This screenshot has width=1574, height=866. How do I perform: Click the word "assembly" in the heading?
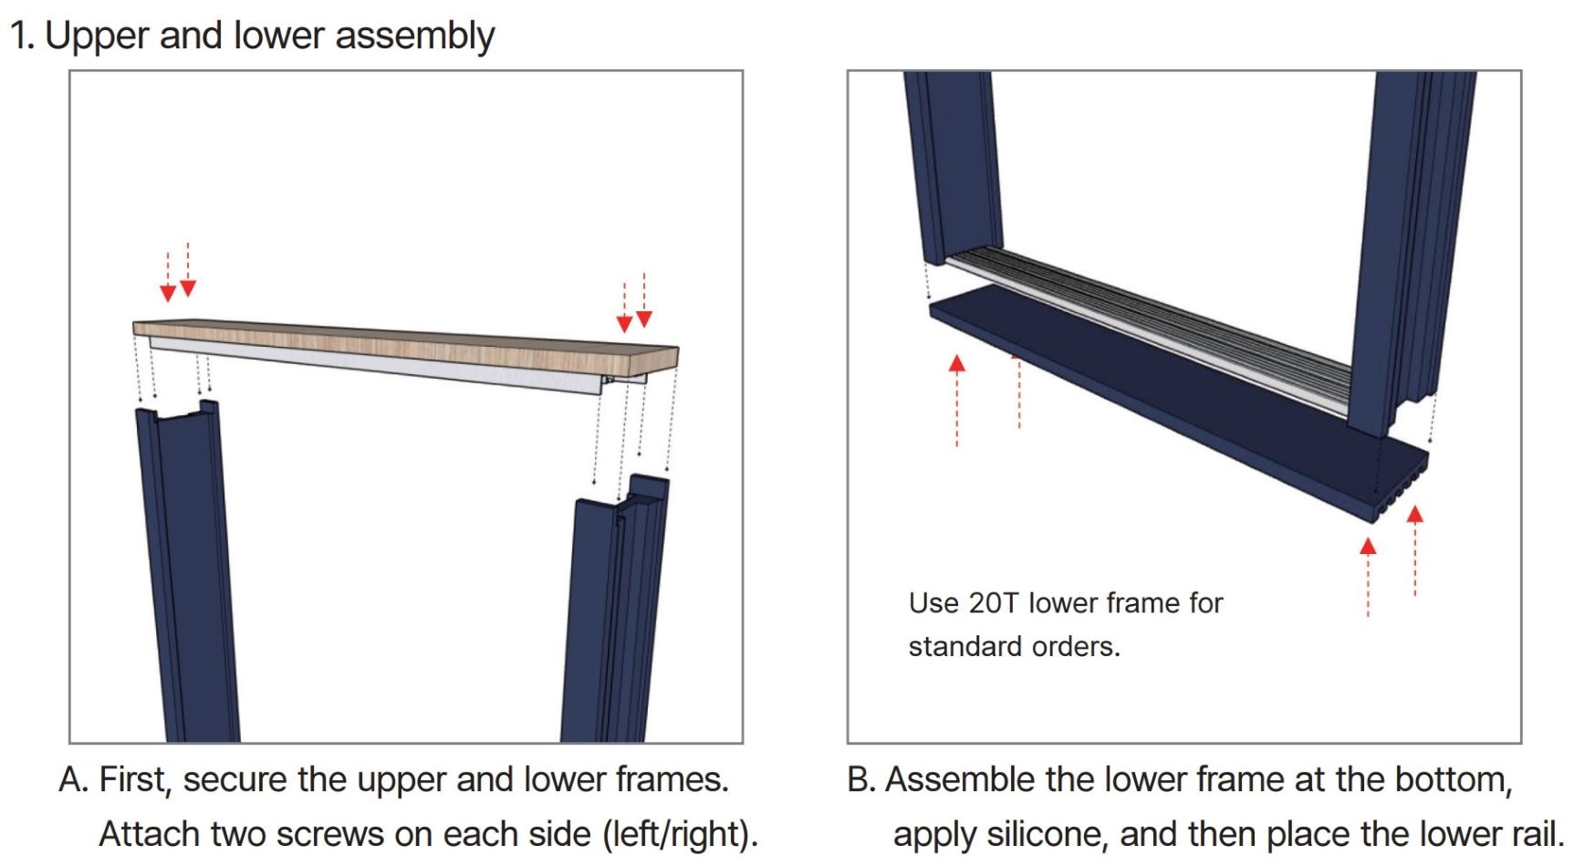tap(414, 37)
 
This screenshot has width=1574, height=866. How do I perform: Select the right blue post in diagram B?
tap(1410, 246)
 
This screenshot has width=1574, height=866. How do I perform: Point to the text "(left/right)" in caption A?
tap(680, 835)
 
